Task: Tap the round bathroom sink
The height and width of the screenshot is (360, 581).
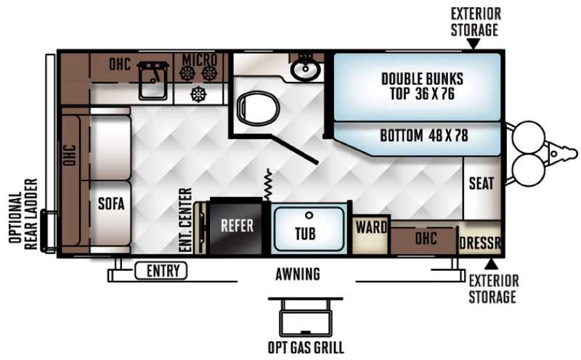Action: [305, 69]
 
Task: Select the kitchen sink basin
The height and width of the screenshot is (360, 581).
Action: [153, 81]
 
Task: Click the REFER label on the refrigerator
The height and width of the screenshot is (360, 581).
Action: [237, 226]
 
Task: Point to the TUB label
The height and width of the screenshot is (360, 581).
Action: [305, 233]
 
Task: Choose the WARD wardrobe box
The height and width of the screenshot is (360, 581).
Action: [371, 236]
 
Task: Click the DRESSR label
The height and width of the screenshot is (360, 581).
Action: [480, 243]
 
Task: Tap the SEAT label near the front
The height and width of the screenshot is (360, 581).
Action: [482, 184]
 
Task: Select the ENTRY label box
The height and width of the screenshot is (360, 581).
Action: [161, 271]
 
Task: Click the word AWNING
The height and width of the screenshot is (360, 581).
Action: [298, 274]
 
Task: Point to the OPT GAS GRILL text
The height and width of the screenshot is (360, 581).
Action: [306, 348]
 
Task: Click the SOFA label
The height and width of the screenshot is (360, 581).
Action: [111, 204]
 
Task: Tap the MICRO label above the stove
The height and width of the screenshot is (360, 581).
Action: [200, 60]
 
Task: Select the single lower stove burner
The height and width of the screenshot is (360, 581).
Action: [198, 94]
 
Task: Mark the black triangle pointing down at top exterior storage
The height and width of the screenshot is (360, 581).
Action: [473, 44]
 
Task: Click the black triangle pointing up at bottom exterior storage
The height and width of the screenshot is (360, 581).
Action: [491, 264]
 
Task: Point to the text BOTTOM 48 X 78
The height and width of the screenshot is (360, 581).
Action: [424, 136]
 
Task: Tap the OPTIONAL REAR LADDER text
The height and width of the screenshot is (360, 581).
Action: [24, 214]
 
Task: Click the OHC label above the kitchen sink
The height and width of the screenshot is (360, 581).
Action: [120, 64]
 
